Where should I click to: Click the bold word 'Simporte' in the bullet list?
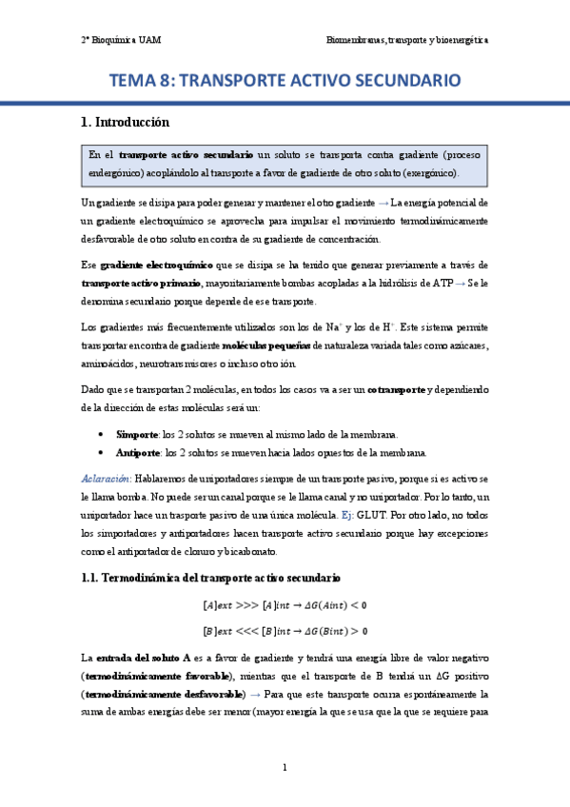pyautogui.click(x=137, y=433)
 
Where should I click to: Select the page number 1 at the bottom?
pyautogui.click(x=285, y=767)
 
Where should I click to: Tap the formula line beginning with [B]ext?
pyautogui.click(x=285, y=630)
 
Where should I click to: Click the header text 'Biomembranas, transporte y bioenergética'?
pyautogui.click(x=407, y=41)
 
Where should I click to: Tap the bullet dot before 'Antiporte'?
pyautogui.click(x=102, y=452)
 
